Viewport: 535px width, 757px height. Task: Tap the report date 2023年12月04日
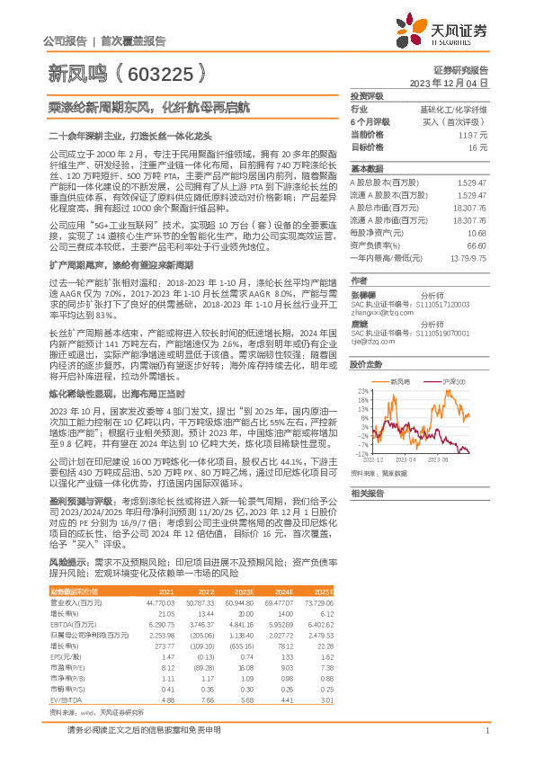click(x=447, y=82)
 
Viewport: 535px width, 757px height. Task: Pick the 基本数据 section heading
click(x=366, y=168)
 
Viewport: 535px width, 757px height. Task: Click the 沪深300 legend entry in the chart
click(x=455, y=383)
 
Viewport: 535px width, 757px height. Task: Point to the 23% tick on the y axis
click(x=362, y=392)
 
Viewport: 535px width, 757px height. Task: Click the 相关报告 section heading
click(x=366, y=494)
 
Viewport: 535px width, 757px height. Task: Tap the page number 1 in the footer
click(x=486, y=731)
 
